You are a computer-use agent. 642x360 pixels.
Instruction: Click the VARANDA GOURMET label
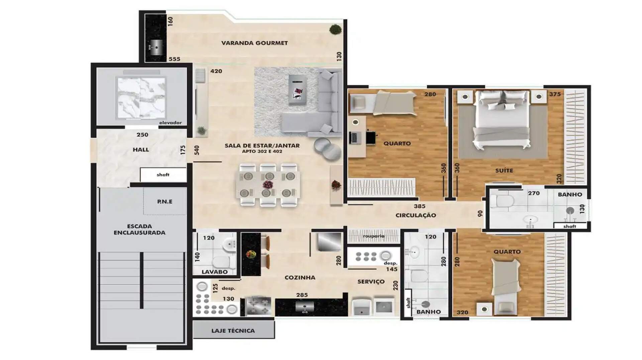pos(254,43)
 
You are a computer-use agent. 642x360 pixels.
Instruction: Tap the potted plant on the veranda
pos(335,29)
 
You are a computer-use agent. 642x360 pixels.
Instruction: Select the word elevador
pos(170,123)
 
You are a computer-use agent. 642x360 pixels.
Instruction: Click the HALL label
pos(141,150)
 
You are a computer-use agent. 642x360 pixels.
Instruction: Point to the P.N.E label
pos(165,202)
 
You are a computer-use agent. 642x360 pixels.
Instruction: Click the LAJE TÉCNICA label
pos(233,331)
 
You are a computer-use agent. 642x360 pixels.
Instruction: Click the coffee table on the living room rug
pos(298,89)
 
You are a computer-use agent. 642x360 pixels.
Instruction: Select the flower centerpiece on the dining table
pos(268,185)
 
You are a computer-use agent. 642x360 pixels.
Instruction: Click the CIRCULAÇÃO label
pos(416,215)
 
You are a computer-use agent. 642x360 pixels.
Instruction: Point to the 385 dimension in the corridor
pos(420,206)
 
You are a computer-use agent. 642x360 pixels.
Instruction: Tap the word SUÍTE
pos(504,170)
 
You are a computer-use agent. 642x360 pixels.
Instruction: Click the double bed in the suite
pos(502,120)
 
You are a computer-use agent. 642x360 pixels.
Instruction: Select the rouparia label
pos(373,236)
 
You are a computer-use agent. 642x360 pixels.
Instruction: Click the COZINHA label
pos(300,277)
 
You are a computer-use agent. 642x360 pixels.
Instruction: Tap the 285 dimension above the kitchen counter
pos(302,295)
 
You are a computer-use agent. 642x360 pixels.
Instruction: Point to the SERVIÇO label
pos(371,282)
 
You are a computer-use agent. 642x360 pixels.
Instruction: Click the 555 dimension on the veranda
pos(175,59)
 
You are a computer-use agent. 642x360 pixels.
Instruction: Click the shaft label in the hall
pos(163,174)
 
